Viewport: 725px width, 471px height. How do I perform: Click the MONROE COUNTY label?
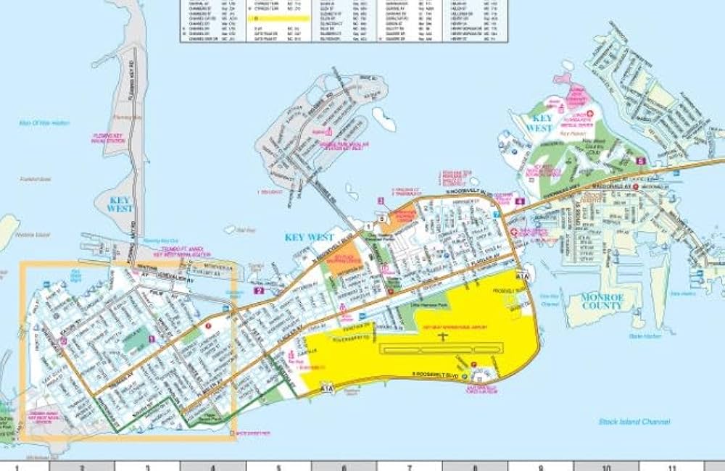pos(602,301)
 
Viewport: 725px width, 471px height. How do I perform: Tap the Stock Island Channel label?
pos(634,421)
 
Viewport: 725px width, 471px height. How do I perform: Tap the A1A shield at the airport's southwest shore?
pos(328,388)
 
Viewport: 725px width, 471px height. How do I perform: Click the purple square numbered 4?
pos(520,201)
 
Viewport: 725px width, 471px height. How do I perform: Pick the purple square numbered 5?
pos(640,161)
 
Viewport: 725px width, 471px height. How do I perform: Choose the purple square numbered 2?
pos(259,291)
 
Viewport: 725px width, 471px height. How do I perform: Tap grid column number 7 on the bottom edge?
pos(410,466)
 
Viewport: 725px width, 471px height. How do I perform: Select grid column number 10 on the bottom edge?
pos(606,466)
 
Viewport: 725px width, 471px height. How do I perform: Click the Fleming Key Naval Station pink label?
pos(110,138)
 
